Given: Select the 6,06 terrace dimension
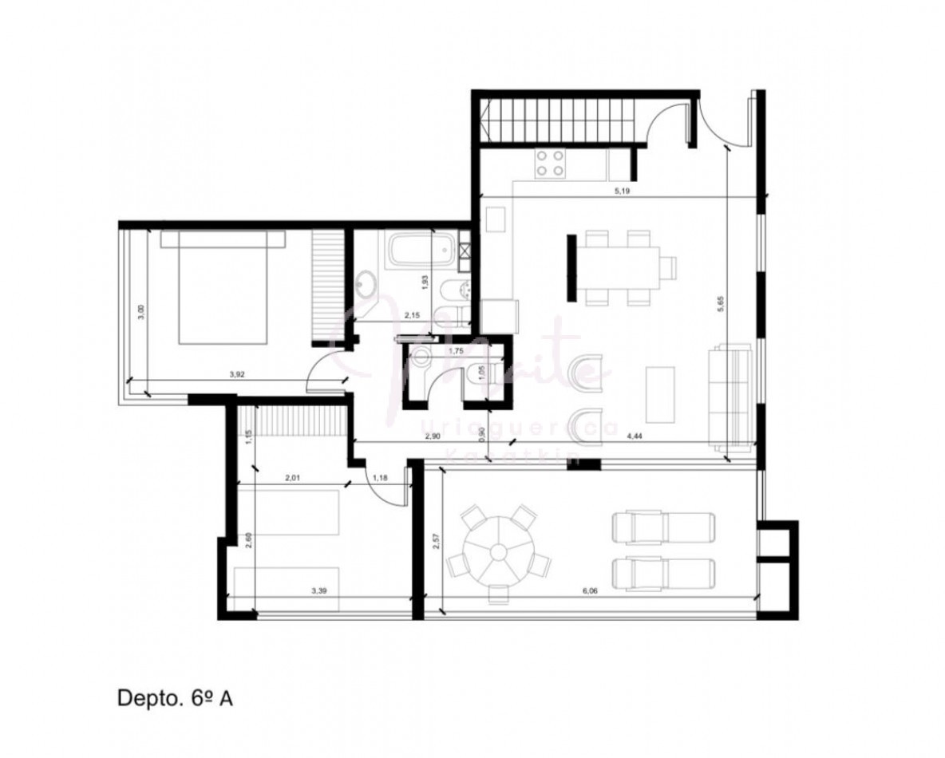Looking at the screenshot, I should point(590,591).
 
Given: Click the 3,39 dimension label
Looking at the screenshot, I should point(322,592).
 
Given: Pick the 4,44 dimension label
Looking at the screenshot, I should point(636,436).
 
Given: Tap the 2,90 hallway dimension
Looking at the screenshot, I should point(433,436).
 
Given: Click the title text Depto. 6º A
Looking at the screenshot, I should point(175,699).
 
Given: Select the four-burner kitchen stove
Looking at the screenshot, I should point(550,163).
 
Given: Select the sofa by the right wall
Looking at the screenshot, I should point(731,396).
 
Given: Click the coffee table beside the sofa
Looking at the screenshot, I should point(660,394).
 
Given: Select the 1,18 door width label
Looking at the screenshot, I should point(381,478).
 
